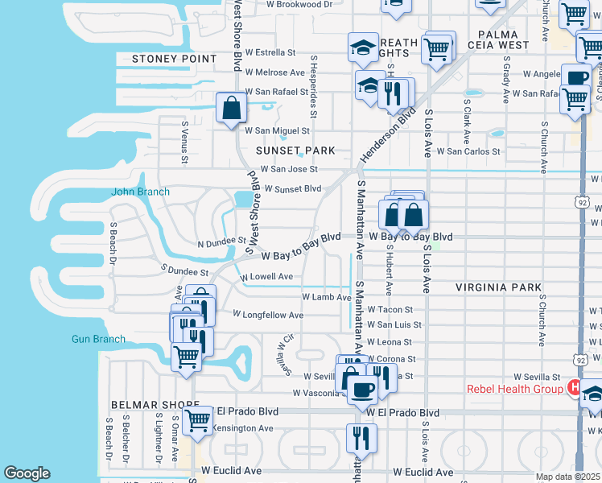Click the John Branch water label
(140, 192)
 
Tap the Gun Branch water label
(98, 339)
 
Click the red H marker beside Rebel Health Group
(575, 388)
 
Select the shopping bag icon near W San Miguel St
(231, 108)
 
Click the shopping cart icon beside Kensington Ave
(197, 419)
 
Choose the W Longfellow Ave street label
(268, 315)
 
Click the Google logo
(27, 473)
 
